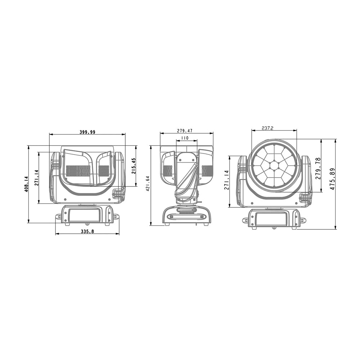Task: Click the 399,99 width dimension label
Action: click(x=87, y=132)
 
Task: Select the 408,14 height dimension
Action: click(x=26, y=184)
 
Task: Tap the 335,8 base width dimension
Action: click(x=87, y=231)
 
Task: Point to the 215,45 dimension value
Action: click(x=134, y=166)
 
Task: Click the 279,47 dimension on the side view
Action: click(x=185, y=131)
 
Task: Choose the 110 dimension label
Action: click(x=185, y=138)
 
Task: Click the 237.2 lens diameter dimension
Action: click(x=267, y=129)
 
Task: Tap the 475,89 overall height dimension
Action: click(x=332, y=179)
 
